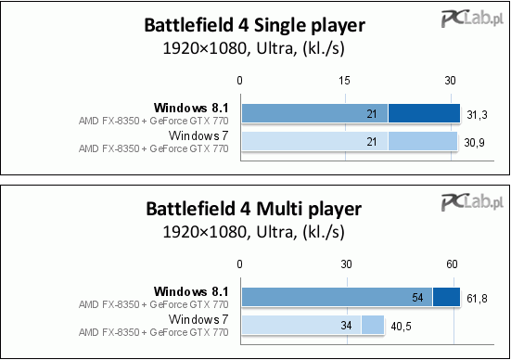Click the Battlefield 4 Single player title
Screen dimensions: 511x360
pyautogui.click(x=254, y=25)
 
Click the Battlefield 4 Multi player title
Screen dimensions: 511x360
pyautogui.click(x=253, y=209)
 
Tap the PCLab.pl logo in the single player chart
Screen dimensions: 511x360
pyautogui.click(x=473, y=19)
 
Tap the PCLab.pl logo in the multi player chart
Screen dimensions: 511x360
pyautogui.click(x=473, y=202)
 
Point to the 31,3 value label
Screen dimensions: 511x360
pyautogui.click(x=477, y=115)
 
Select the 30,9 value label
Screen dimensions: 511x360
pyautogui.click(x=474, y=143)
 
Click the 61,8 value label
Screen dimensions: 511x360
pyautogui.click(x=477, y=299)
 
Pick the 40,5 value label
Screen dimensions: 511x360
pyautogui.click(x=402, y=327)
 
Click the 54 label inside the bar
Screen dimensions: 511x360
pyautogui.click(x=417, y=298)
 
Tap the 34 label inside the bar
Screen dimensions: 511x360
pyautogui.click(x=346, y=325)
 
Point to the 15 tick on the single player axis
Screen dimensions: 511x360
pyautogui.click(x=344, y=80)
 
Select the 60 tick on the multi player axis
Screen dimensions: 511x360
pyautogui.click(x=452, y=264)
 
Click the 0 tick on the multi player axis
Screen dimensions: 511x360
pyautogui.click(x=240, y=264)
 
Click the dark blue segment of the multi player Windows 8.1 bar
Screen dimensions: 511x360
pyautogui.click(x=446, y=297)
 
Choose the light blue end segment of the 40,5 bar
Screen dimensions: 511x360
pyautogui.click(x=373, y=325)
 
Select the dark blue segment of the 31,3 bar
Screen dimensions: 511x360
pyautogui.click(x=425, y=113)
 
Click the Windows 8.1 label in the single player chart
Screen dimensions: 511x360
pyautogui.click(x=191, y=108)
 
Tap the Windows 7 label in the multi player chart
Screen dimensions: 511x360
pyautogui.click(x=198, y=319)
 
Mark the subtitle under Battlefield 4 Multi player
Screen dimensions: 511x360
pyautogui.click(x=253, y=232)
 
